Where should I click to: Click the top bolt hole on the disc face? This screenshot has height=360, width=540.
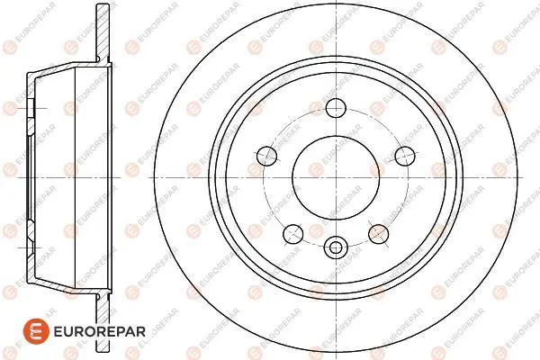[336, 108]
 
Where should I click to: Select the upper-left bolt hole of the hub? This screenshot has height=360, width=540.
[267, 156]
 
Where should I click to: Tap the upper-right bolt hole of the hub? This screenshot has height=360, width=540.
[405, 156]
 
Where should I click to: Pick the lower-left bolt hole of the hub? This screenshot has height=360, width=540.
[293, 234]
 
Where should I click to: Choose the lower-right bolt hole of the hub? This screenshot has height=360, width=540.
[379, 234]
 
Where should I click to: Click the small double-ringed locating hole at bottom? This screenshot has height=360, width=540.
[336, 247]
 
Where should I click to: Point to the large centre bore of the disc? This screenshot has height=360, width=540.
[336, 178]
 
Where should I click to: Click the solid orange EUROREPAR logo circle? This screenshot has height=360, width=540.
[37, 331]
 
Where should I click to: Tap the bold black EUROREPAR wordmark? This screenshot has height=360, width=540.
[100, 332]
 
